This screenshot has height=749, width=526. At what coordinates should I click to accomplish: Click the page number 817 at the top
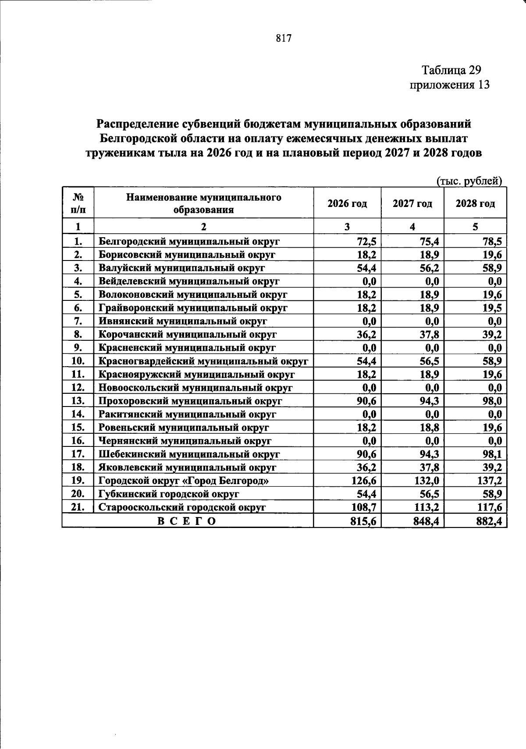(284, 38)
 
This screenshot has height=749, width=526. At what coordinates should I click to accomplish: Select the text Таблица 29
(451, 70)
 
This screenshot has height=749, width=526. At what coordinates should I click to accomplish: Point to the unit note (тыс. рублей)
(469, 181)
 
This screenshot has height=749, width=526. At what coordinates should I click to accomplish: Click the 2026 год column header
(347, 203)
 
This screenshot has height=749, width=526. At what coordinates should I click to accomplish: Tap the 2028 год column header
(475, 203)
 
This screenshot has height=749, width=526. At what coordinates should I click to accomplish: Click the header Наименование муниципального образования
(204, 203)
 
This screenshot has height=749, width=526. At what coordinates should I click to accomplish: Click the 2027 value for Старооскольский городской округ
(425, 507)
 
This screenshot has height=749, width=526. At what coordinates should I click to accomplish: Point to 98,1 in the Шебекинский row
(492, 454)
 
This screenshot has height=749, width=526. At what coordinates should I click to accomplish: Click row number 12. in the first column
(78, 388)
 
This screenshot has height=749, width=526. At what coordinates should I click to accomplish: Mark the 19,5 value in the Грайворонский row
(492, 308)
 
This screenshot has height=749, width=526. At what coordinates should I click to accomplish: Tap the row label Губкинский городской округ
(169, 494)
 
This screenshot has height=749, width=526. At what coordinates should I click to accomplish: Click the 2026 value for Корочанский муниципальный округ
(366, 335)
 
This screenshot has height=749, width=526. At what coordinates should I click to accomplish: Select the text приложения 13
(449, 85)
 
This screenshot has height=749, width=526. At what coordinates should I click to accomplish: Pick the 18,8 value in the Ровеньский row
(430, 428)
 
